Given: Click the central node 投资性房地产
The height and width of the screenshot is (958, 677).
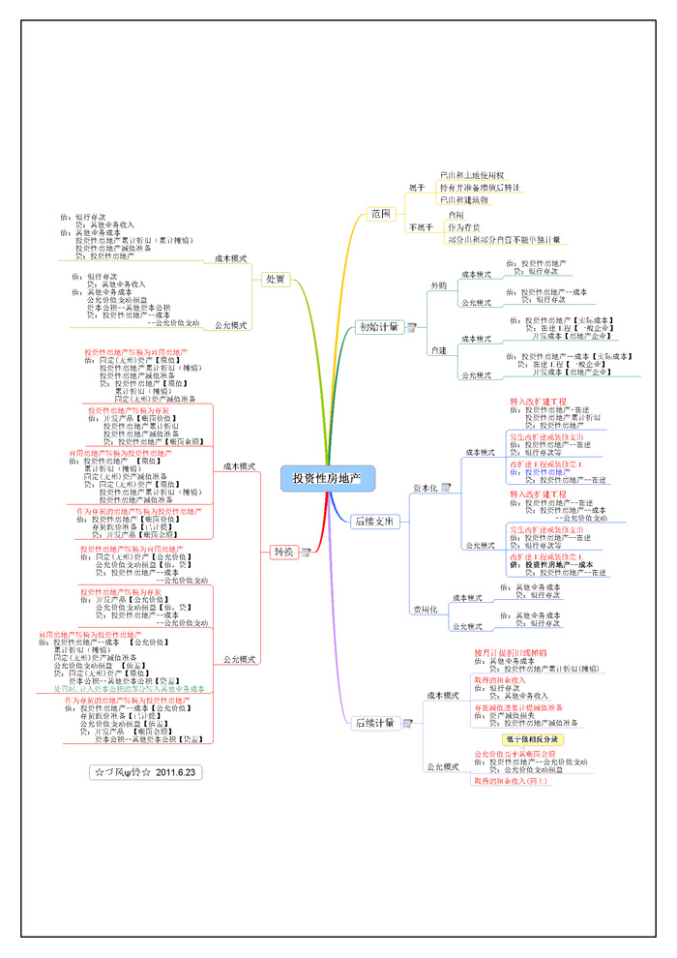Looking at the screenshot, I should [x=327, y=478].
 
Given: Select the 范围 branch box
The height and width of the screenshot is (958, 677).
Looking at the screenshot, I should [x=380, y=213].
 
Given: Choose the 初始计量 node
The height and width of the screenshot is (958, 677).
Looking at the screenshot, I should [x=377, y=327].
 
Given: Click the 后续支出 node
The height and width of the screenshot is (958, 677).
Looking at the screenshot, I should [x=374, y=522].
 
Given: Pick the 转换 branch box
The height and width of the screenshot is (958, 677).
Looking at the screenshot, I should [x=282, y=552].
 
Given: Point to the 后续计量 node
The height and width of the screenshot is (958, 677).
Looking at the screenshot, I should [x=374, y=723].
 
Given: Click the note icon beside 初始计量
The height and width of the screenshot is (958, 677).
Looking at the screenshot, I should [x=411, y=328].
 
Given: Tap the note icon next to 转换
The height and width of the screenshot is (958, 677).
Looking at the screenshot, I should [x=306, y=553].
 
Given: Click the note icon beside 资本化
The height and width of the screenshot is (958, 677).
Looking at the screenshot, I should [x=446, y=488].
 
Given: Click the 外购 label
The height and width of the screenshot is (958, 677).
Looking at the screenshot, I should [x=439, y=286].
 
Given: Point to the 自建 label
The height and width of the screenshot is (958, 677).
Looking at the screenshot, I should [x=439, y=349].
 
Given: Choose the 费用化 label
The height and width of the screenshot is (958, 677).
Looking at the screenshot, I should [x=426, y=610].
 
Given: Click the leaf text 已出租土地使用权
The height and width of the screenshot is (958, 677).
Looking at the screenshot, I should [x=471, y=175].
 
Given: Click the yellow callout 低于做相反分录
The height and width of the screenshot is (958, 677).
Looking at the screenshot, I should [x=532, y=739].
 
